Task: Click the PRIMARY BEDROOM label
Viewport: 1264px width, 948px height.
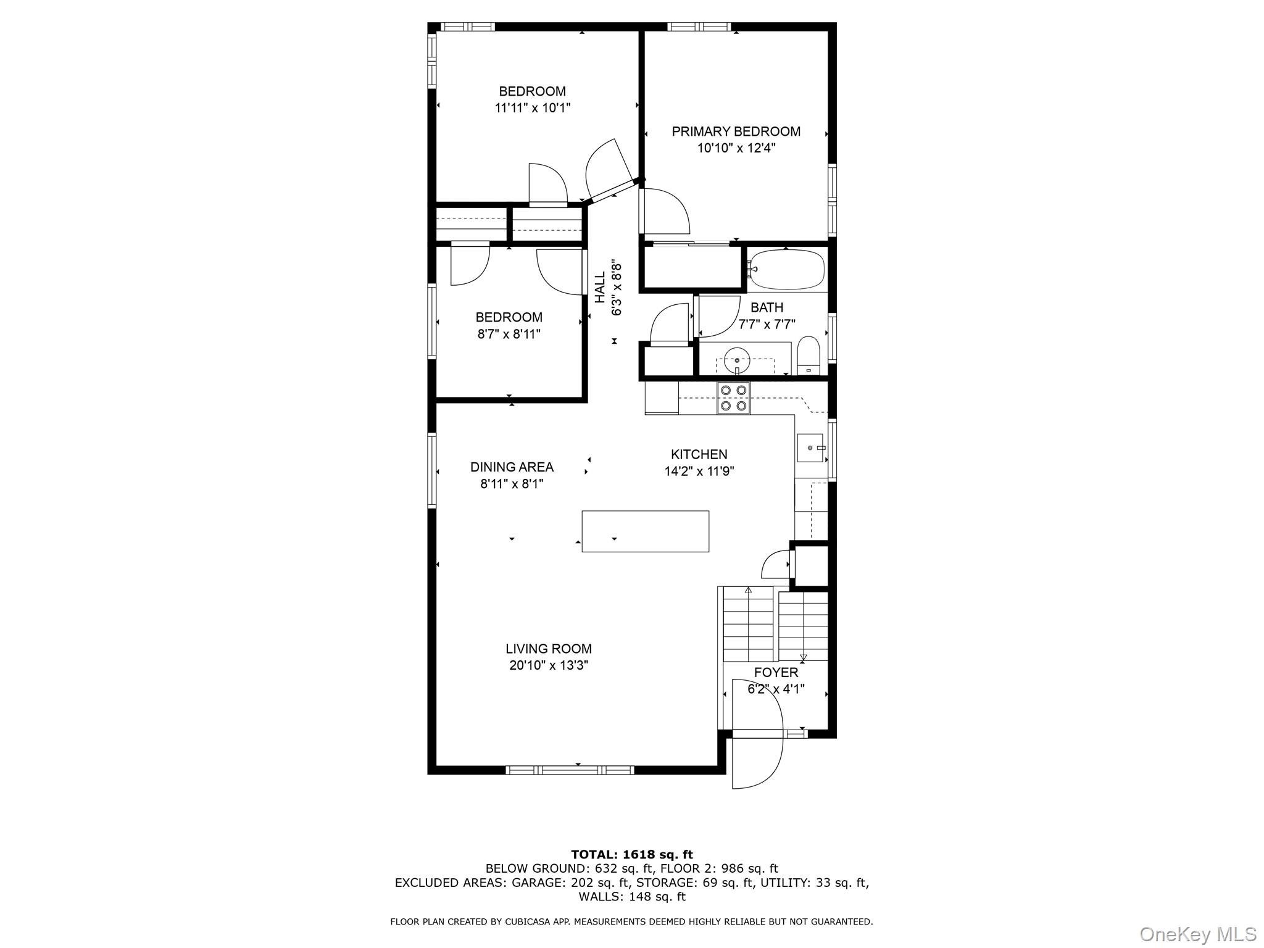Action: pos(736,131)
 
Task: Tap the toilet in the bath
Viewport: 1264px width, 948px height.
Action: pos(808,356)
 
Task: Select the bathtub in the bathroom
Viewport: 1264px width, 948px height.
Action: pos(786,270)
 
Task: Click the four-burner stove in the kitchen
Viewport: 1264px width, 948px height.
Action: pos(733,398)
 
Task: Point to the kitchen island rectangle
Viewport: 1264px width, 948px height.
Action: pos(645,531)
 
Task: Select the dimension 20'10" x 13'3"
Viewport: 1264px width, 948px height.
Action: pos(549,665)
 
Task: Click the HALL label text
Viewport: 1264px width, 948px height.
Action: pos(600,288)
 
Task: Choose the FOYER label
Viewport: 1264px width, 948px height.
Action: pos(776,673)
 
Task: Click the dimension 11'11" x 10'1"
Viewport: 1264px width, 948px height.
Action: pos(532,108)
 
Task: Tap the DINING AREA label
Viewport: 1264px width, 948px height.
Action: pos(512,467)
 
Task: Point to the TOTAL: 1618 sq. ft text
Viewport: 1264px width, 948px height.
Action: pos(631,855)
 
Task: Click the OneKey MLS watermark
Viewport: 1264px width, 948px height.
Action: pos(1198,934)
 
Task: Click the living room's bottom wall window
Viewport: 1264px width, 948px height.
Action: pos(570,770)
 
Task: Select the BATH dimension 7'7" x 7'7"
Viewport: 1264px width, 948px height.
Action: pos(767,324)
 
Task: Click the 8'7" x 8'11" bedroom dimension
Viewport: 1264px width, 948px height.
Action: pos(509,334)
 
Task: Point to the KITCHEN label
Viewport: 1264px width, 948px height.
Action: pos(699,455)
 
